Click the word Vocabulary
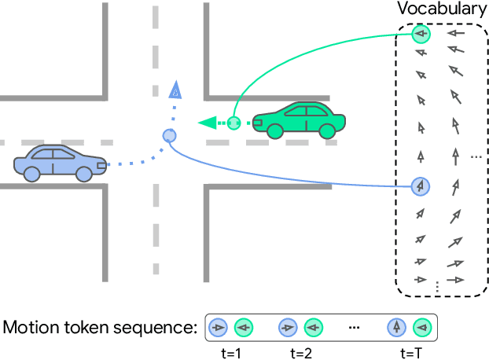tap(442, 9)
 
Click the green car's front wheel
tap(275, 131)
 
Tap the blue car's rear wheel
tap(31, 174)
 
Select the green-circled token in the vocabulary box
tap(421, 34)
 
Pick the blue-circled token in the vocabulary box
tap(421, 186)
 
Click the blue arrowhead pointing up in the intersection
tap(175, 90)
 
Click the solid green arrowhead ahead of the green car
tap(208, 123)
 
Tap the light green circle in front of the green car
tap(233, 123)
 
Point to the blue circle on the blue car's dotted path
tap(169, 135)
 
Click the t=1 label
tap(231, 354)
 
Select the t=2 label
tap(301, 354)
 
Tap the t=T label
tap(411, 354)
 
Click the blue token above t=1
tap(218, 328)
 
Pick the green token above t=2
tap(314, 328)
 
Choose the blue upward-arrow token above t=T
tap(397, 328)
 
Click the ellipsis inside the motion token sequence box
tap(355, 328)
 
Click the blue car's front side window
tap(64, 154)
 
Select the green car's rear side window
tap(317, 111)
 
